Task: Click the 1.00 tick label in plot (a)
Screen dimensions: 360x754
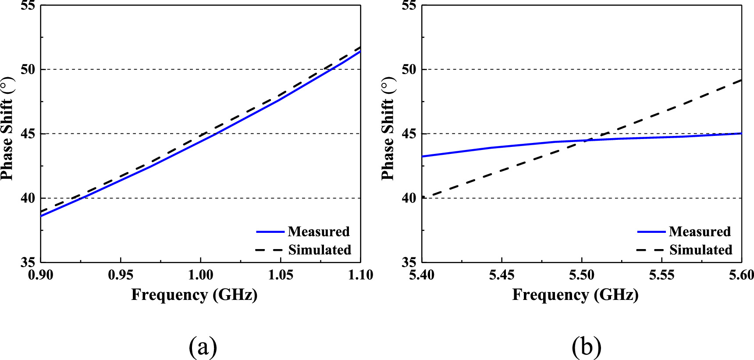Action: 200,275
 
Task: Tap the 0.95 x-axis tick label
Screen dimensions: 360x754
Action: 120,275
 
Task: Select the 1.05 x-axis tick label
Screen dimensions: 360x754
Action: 281,275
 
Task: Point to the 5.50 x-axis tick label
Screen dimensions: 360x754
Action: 581,275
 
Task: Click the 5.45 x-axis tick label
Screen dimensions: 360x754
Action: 501,275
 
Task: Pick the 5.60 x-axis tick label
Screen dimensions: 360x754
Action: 741,275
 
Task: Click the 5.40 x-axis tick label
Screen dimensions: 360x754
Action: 422,275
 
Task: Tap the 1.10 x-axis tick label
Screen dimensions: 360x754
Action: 360,275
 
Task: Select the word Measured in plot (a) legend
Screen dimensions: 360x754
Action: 319,232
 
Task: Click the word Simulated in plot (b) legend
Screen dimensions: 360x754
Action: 701,250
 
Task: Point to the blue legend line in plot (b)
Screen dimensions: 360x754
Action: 651,232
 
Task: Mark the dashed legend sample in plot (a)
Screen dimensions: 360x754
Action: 270,250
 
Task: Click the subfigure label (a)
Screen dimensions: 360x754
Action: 203,347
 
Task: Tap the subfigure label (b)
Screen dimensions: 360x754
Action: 586,347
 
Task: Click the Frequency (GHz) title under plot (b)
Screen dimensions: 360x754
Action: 575,295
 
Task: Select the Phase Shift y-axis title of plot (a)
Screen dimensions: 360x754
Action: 7,128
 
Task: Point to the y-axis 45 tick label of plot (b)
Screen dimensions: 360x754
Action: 409,134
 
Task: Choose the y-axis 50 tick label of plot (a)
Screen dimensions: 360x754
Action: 28,69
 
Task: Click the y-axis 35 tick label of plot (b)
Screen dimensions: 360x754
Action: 409,262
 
